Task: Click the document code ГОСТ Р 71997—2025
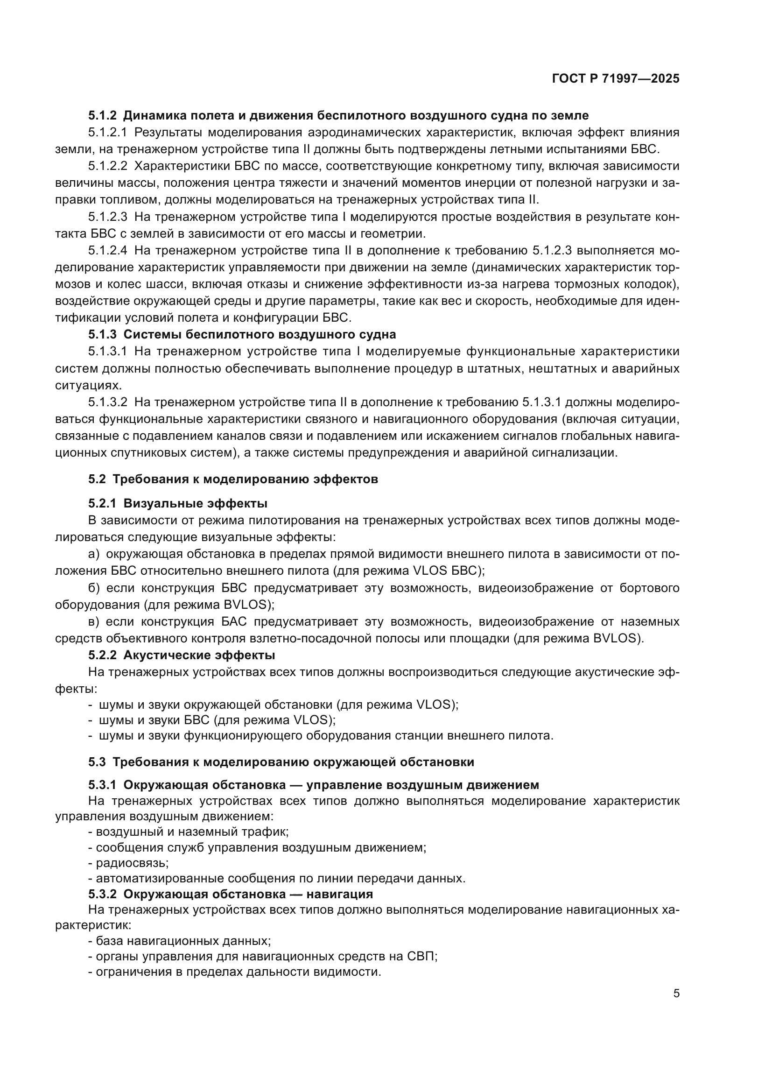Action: tap(615, 79)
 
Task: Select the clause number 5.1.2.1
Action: tap(107, 132)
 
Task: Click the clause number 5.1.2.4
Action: tap(107, 251)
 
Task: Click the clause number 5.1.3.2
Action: tap(107, 402)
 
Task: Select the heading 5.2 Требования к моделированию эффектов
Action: tap(233, 479)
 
